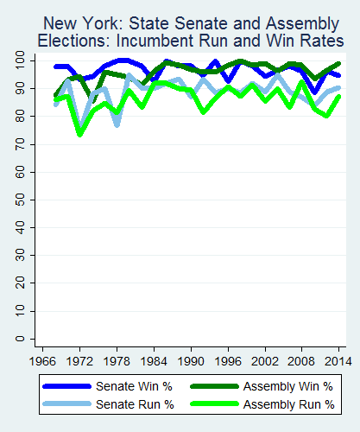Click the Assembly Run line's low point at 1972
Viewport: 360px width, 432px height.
click(x=80, y=135)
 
